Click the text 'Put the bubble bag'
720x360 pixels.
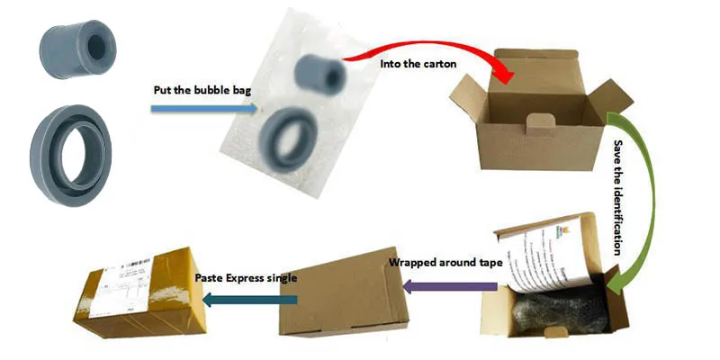click(x=193, y=90)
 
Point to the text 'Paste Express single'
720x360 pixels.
click(x=246, y=278)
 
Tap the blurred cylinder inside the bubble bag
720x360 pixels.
click(x=320, y=74)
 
